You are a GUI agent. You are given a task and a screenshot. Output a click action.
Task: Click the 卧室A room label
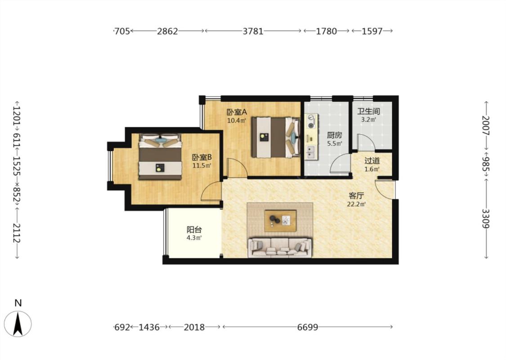pyautogui.click(x=237, y=112)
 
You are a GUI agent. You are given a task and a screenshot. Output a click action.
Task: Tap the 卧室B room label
pyautogui.click(x=202, y=157)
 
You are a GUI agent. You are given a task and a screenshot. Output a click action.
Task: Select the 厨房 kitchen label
pyautogui.click(x=334, y=135)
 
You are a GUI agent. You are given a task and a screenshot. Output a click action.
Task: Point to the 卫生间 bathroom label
pyautogui.click(x=368, y=112)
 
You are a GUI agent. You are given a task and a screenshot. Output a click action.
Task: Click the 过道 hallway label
pyautogui.click(x=372, y=161)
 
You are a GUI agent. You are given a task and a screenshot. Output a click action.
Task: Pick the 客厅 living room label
pyautogui.click(x=356, y=196)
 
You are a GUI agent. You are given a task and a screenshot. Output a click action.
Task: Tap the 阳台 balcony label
pyautogui.click(x=194, y=229)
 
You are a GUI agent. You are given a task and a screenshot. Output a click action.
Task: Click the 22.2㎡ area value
pyautogui.click(x=356, y=204)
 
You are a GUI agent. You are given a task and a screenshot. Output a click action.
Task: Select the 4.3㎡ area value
pyautogui.click(x=194, y=238)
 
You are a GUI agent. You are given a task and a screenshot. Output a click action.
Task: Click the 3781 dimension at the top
pyautogui.click(x=253, y=31)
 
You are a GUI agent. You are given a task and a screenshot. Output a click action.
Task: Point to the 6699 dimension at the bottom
pyautogui.click(x=308, y=327)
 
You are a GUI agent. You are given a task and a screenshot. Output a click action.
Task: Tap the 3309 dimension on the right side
pyautogui.click(x=486, y=219)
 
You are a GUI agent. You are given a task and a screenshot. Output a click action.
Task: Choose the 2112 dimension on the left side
pyautogui.click(x=17, y=233)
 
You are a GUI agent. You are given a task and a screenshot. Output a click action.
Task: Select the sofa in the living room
pyautogui.click(x=280, y=247)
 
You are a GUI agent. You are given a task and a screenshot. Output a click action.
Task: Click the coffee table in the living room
pyautogui.click(x=280, y=221)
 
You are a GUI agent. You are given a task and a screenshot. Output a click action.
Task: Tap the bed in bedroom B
pyautogui.click(x=160, y=157)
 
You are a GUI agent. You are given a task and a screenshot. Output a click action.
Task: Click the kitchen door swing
pyautogui.click(x=340, y=164)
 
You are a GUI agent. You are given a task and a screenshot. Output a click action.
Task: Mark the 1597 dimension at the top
pyautogui.click(x=372, y=31)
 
